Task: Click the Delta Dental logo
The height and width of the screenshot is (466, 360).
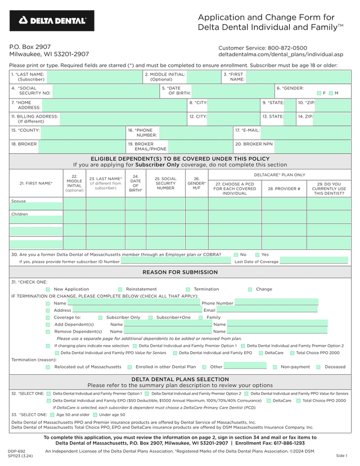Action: click(52, 21)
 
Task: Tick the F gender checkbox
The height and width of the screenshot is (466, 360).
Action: click(319, 93)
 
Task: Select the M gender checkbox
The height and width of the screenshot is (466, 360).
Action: click(331, 93)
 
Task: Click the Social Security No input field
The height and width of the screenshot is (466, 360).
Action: click(105, 91)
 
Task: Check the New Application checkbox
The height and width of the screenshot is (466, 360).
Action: click(48, 289)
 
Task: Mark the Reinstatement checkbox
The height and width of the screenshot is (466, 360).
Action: click(120, 289)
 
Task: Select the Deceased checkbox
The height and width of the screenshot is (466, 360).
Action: click(318, 367)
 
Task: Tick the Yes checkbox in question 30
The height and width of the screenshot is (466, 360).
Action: click(257, 254)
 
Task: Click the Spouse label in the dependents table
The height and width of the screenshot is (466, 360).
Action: click(19, 201)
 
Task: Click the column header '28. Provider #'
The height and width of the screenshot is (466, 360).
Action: click(283, 189)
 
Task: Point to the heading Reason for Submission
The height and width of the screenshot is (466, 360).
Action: click(180, 272)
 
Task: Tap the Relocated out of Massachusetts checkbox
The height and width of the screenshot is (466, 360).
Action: click(48, 367)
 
